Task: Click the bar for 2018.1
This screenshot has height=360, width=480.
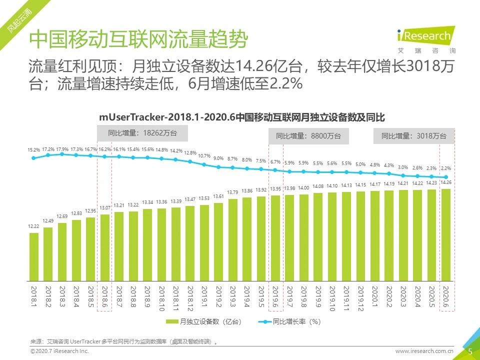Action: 34,255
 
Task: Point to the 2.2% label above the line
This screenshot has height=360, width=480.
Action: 446,168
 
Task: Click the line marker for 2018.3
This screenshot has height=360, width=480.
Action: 62,154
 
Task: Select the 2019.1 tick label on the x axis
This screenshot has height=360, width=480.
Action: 204,297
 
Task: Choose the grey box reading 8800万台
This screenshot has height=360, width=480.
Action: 308,135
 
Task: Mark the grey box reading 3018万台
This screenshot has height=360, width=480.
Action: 413,135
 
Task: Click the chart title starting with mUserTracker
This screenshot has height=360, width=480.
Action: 241,117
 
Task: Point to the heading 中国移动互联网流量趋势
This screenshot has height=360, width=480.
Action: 138,39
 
